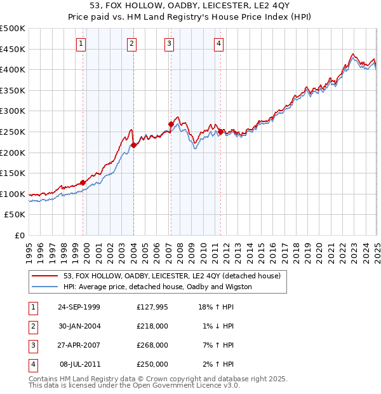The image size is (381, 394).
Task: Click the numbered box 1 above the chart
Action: click(x=82, y=44)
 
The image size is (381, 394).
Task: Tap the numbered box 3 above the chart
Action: click(x=170, y=44)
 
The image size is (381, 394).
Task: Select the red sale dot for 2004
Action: click(x=133, y=146)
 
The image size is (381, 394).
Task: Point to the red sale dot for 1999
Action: click(x=83, y=182)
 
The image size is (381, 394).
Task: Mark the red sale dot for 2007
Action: click(x=171, y=125)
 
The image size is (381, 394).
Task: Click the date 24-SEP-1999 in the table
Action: click(x=79, y=307)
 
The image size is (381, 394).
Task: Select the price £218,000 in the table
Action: click(x=152, y=326)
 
